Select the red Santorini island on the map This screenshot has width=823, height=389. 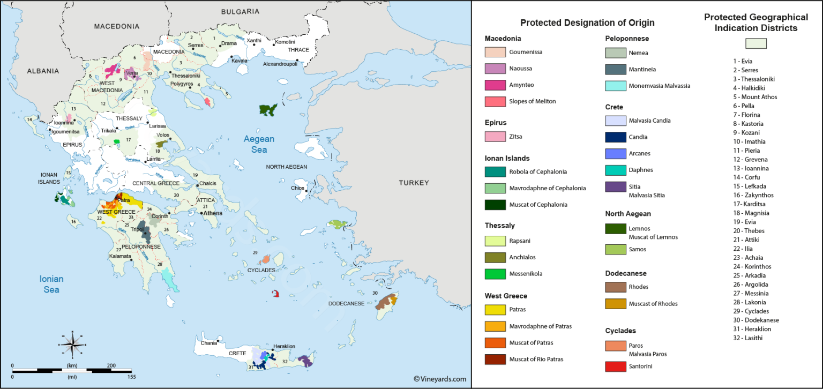tap(276, 294)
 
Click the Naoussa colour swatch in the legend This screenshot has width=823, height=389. tap(496, 69)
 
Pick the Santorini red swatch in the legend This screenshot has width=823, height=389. tap(616, 366)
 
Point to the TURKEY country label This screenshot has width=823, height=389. tap(414, 183)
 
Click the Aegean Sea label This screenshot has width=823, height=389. tap(259, 144)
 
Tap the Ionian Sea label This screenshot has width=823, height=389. tap(51, 284)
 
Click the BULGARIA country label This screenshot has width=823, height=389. tap(240, 11)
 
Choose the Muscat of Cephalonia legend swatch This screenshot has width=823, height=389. tap(496, 205)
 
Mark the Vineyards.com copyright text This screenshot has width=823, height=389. tap(439, 379)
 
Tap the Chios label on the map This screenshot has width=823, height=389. tap(297, 188)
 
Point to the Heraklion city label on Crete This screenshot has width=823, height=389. tap(284, 347)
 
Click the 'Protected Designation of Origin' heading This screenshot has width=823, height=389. tap(587, 23)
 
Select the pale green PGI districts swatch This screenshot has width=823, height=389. tap(756, 43)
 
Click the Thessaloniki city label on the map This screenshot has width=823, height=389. tap(185, 76)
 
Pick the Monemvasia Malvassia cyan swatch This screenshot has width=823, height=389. tap(616, 86)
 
